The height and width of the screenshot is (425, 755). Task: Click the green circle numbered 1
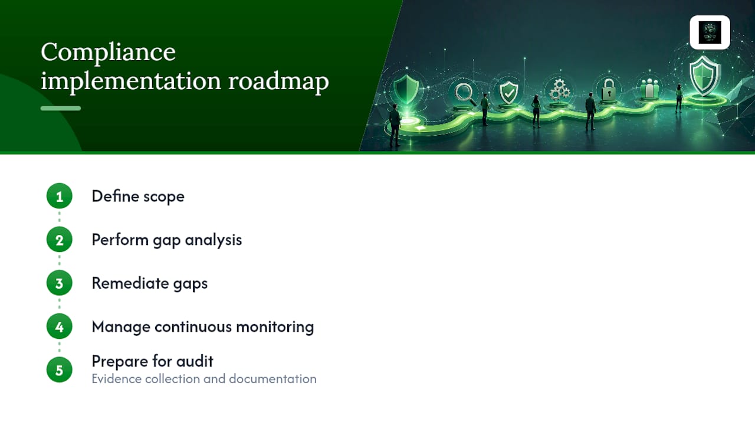[x=60, y=196]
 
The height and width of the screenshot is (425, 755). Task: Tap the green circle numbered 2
[x=60, y=240]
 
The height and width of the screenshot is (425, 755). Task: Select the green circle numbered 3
[x=60, y=283]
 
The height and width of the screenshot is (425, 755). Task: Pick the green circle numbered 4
[x=60, y=326]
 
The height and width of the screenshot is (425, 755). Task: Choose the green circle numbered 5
[x=60, y=370]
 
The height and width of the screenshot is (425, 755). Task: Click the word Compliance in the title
[x=108, y=53]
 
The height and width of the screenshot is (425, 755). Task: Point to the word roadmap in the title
[x=278, y=81]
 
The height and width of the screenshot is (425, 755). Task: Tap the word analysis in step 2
[x=214, y=240]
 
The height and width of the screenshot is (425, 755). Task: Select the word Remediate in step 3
[x=130, y=283]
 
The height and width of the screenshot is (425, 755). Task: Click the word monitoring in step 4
[x=275, y=327]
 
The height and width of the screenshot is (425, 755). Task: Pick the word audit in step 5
[x=195, y=361]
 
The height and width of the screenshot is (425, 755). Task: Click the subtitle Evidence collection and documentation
[x=204, y=379]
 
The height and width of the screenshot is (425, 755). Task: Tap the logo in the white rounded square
[x=710, y=32]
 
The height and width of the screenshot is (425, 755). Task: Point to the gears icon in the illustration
[x=560, y=90]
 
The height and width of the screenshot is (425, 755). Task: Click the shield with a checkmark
[x=508, y=92]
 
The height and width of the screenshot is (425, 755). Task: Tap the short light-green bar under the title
[x=61, y=108]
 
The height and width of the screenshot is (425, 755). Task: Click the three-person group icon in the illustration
[x=649, y=89]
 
